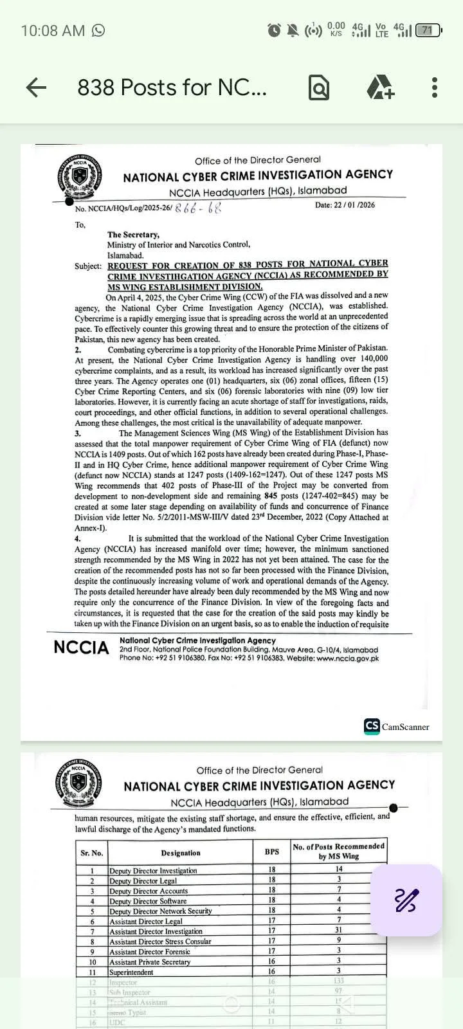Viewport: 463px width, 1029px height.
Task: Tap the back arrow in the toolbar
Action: tap(36, 87)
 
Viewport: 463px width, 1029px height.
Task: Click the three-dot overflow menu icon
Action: tap(435, 87)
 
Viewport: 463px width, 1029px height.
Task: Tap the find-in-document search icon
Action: tap(319, 87)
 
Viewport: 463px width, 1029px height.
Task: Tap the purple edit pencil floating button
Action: tap(406, 900)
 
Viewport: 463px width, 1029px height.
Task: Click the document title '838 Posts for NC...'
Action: tap(172, 87)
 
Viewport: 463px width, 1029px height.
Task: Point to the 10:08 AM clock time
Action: tap(53, 30)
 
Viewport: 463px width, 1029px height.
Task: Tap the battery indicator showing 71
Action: tap(427, 30)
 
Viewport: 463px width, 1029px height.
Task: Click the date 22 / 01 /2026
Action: tap(345, 205)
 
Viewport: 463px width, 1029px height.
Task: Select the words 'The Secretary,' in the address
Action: tap(133, 235)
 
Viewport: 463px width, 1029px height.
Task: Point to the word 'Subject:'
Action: tap(88, 266)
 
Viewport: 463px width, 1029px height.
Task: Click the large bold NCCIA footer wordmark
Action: tap(81, 648)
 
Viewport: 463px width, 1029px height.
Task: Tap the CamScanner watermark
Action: tap(397, 727)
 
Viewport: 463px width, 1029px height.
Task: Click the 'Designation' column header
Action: tap(181, 853)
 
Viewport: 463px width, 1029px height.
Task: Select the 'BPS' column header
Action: tap(272, 851)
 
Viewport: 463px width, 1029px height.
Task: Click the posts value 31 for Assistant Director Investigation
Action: tap(339, 931)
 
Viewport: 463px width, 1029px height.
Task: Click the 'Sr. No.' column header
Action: tap(92, 853)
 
